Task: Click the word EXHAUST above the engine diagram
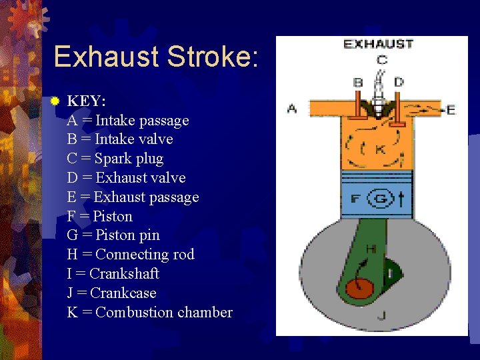coord(378,45)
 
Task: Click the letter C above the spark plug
coord(381,60)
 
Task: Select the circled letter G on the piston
coord(381,198)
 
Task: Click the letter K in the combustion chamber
coord(379,149)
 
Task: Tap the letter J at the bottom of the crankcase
coord(381,315)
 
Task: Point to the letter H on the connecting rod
coord(371,249)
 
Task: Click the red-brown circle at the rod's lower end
coord(359,288)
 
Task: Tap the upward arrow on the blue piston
coord(401,198)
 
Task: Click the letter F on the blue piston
coord(355,199)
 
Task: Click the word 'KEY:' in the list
coord(87,101)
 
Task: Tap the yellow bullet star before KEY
coord(55,101)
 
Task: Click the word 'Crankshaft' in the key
coord(124,274)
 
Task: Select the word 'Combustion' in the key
coord(132,313)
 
